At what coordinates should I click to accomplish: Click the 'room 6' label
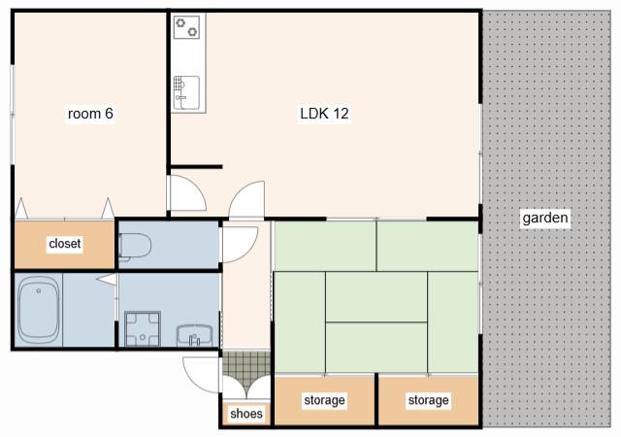coord(90,114)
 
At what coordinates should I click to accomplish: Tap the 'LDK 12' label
coord(324,114)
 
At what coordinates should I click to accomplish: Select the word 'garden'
coord(545,218)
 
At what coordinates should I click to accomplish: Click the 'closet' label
coord(65,243)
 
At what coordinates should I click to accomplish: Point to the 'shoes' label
coord(245,414)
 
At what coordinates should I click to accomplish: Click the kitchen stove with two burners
coord(186,27)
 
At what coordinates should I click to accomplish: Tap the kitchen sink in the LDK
coord(186,92)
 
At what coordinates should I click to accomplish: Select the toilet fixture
coord(135,247)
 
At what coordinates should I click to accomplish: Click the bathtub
coord(39,310)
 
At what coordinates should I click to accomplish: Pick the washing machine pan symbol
coord(143,329)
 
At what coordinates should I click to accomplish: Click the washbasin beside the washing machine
coord(194,335)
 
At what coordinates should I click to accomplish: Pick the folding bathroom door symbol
coord(107,279)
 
